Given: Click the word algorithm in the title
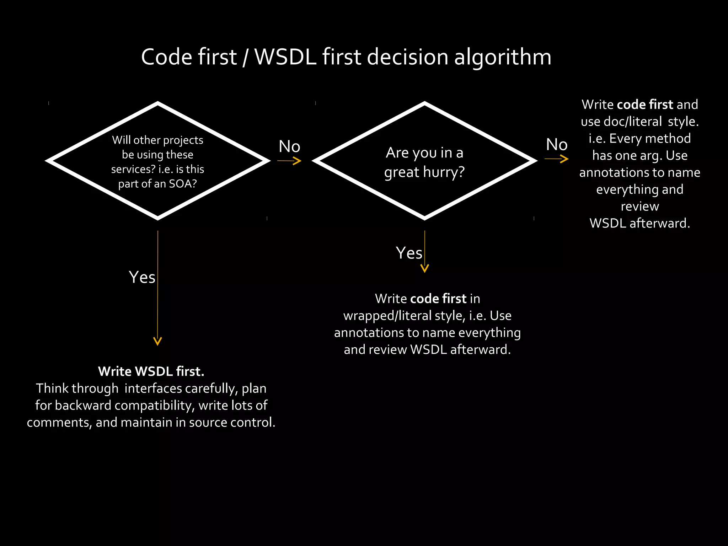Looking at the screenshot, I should tap(503, 57).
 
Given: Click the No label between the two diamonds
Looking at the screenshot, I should tap(289, 146).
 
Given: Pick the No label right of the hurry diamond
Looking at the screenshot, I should tap(557, 145).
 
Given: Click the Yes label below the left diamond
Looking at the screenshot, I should tap(142, 277).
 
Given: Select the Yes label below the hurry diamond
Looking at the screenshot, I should tap(409, 253).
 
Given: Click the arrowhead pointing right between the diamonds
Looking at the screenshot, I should tap(298, 161).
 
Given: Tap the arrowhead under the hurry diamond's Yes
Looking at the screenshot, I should tap(424, 269).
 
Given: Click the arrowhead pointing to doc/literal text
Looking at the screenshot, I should tap(565, 159).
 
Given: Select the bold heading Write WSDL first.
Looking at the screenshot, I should tap(151, 371).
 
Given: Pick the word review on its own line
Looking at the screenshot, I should tap(639, 206).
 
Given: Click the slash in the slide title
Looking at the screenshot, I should tap(245, 57).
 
